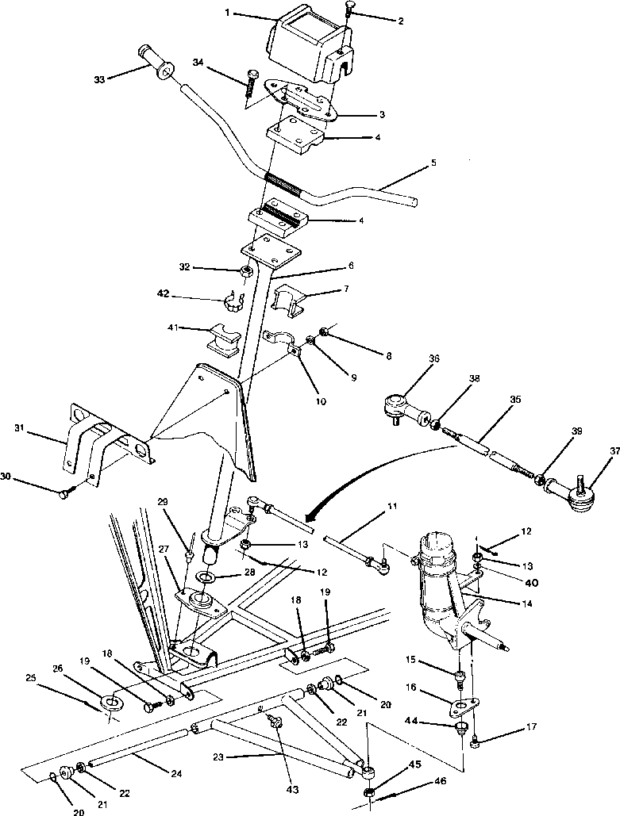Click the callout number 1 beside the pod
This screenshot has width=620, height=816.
[228, 13]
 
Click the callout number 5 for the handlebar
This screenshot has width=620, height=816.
[433, 163]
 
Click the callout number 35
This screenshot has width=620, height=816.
[515, 400]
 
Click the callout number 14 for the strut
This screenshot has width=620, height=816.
[527, 603]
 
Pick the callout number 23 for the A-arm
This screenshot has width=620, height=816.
[218, 757]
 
